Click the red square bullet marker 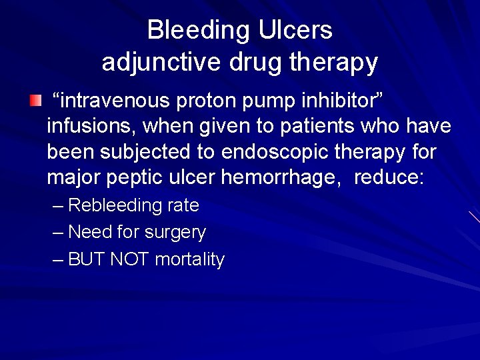click(x=35, y=101)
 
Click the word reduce click(x=389, y=178)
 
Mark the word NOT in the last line click(x=130, y=259)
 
